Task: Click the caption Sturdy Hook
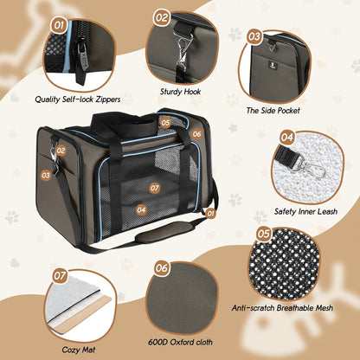pos(180,92)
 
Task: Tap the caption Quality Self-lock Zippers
pos(78,100)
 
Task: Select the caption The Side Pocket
pos(273,111)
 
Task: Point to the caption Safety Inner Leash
pos(305,211)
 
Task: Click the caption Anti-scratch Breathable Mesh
pos(282,308)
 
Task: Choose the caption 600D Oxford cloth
pos(180,342)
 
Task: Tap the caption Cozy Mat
pos(79,350)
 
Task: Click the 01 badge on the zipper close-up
pos(59,25)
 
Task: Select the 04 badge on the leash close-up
pos(286,137)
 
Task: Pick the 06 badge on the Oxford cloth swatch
pos(161,268)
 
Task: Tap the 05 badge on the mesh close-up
pos(263,234)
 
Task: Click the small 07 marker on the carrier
pos(155,188)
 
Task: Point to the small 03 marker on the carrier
pos(46,175)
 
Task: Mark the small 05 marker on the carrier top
pos(165,123)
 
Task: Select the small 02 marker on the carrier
pos(61,151)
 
